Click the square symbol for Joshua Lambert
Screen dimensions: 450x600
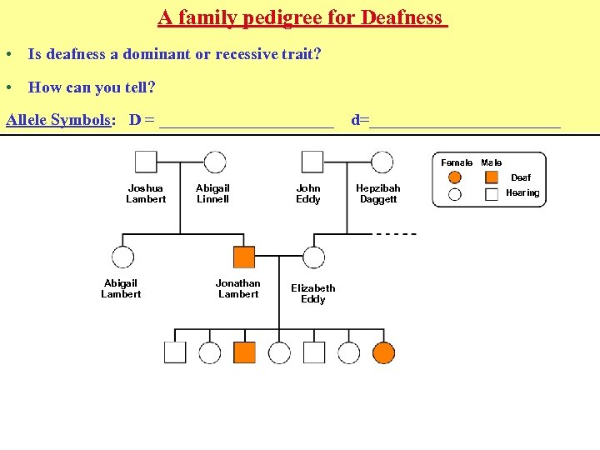click(x=146, y=162)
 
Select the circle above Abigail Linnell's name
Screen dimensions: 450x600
click(x=215, y=162)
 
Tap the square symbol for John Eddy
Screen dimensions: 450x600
click(x=312, y=162)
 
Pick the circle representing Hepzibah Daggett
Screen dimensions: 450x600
click(x=382, y=162)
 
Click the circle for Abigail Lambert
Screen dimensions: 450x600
click(x=122, y=257)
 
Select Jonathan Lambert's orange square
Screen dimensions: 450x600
click(x=244, y=257)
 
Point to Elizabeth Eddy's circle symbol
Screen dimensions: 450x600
click(x=313, y=257)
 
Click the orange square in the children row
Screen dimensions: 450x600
click(x=244, y=352)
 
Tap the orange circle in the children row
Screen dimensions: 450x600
click(x=383, y=352)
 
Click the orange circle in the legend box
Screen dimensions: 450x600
click(x=455, y=177)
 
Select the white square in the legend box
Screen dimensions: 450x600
click(x=492, y=194)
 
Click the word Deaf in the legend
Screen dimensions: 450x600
click(x=521, y=177)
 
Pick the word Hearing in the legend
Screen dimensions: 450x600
click(x=522, y=193)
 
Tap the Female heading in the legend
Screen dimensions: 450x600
click(x=457, y=162)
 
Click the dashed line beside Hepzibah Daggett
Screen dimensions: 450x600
click(x=396, y=234)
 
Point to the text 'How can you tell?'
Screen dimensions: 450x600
click(x=92, y=87)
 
